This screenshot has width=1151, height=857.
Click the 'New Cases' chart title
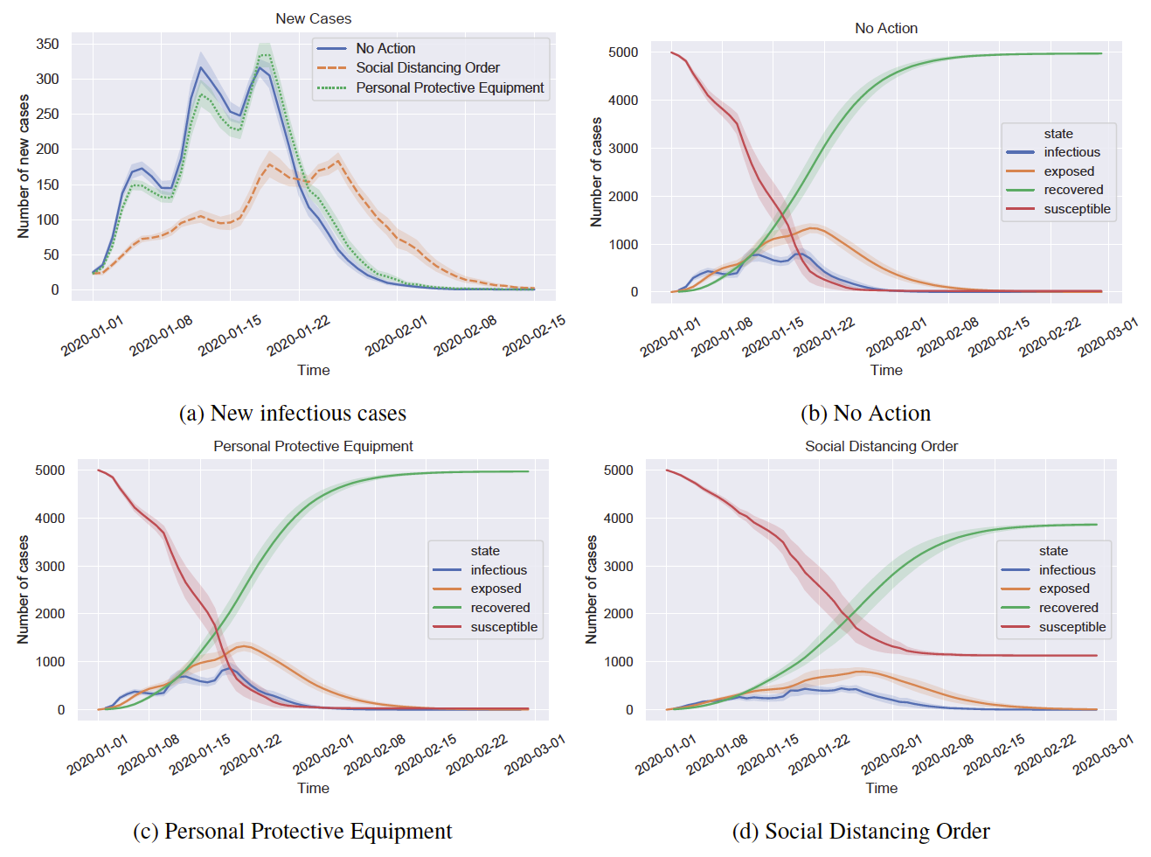click(x=313, y=18)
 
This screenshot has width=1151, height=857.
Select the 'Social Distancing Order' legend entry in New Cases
click(x=427, y=68)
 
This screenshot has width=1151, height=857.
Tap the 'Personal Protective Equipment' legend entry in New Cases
click(x=449, y=88)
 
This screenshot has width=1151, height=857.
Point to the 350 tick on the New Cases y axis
click(x=48, y=44)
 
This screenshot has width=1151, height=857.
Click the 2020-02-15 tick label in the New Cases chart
click(x=534, y=335)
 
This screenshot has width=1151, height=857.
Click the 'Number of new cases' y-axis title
click(x=24, y=166)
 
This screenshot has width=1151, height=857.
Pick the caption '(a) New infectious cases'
click(x=292, y=413)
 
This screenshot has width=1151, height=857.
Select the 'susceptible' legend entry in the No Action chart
click(x=1077, y=209)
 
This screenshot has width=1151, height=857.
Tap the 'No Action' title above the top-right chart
click(x=885, y=28)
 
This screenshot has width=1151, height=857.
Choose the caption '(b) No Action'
click(x=865, y=413)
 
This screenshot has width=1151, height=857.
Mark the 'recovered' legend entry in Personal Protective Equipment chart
click(x=500, y=608)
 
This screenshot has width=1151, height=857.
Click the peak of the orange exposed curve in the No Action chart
click(x=813, y=228)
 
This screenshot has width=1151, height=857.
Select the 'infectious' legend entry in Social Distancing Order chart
click(x=1066, y=570)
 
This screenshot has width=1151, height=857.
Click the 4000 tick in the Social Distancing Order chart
click(x=618, y=519)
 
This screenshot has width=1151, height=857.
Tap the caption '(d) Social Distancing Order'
click(x=861, y=831)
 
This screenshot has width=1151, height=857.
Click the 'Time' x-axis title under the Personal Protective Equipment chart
click(x=313, y=788)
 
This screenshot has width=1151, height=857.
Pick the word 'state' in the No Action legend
click(x=1057, y=134)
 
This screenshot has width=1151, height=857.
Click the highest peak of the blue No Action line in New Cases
click(x=201, y=67)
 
